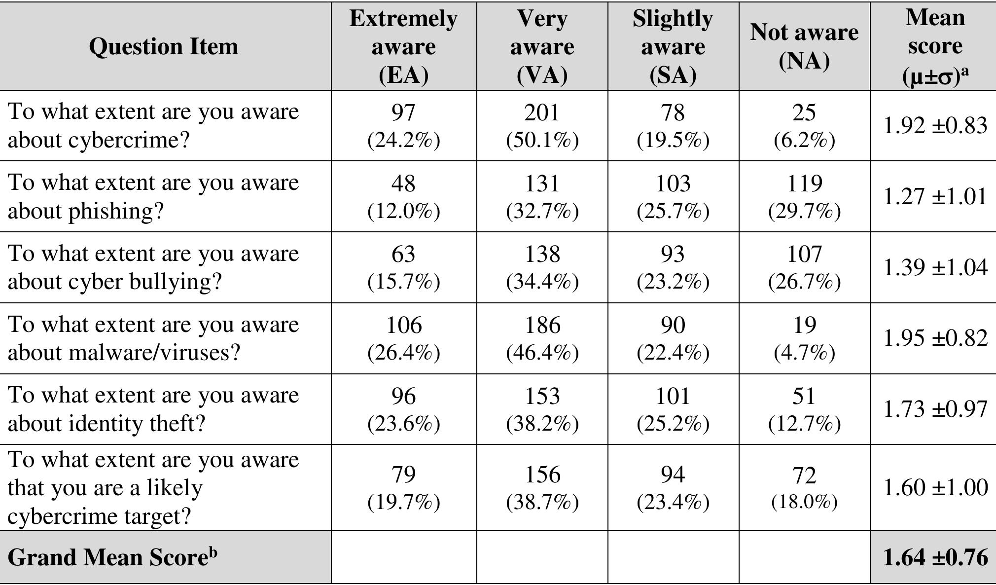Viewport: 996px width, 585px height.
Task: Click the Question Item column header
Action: pos(164,46)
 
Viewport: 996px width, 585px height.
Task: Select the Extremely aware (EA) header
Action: pos(403,46)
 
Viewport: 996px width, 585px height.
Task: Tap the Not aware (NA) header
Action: pos(804,46)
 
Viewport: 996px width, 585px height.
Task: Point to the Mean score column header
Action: pos(935,46)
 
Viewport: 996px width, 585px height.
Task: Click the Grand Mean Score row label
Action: pos(112,557)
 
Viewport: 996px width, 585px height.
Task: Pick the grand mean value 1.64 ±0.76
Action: pos(935,557)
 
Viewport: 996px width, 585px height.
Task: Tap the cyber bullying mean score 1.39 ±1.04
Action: pos(935,267)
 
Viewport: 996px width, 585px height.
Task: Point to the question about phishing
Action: pos(153,196)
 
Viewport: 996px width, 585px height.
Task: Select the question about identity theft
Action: pos(153,409)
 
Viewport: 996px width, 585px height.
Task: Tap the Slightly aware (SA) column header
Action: pos(673,46)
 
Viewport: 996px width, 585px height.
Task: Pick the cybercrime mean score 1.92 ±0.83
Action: pos(935,125)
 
